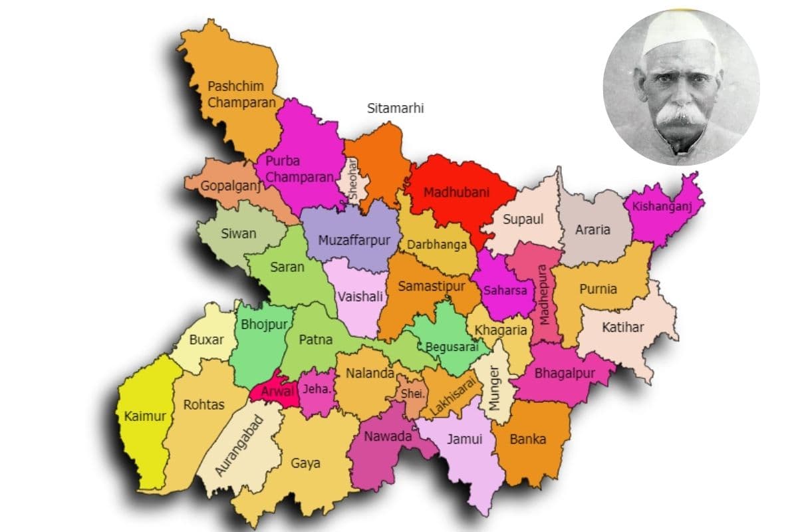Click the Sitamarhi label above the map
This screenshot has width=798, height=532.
395,108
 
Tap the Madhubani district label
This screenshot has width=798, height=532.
456,192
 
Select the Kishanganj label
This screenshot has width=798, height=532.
662,206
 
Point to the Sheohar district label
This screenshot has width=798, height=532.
354,178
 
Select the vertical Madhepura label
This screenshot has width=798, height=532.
543,295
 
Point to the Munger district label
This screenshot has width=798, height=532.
494,388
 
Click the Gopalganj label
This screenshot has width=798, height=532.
229,186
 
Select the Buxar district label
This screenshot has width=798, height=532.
207,340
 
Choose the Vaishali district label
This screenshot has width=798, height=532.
360,297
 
